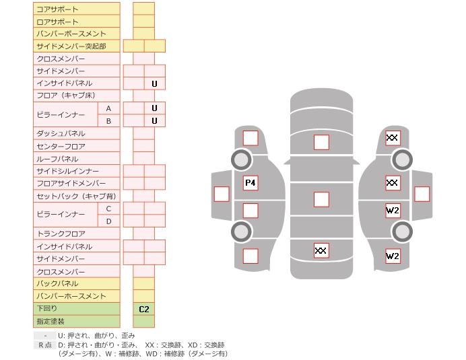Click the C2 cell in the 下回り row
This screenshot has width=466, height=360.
(143, 309)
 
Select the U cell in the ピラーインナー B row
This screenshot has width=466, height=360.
(154, 121)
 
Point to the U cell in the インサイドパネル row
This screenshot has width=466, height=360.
(154, 84)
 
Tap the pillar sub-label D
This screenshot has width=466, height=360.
(108, 221)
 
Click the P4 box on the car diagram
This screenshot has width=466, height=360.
(251, 182)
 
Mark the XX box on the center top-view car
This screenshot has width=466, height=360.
(321, 250)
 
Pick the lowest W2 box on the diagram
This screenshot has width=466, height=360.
(393, 256)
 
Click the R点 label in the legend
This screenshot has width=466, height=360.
(45, 345)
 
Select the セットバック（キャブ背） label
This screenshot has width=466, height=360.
(76, 196)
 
